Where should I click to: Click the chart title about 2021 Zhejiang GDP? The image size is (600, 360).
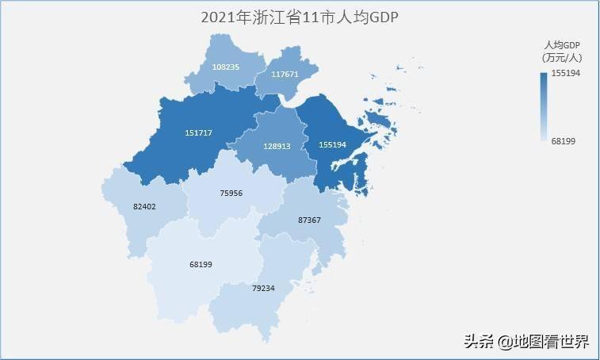click(x=299, y=17)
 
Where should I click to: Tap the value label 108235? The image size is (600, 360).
click(x=226, y=67)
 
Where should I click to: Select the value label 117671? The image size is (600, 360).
click(x=285, y=74)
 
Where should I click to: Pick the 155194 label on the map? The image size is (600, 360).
click(x=331, y=146)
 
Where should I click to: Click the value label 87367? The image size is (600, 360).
click(x=309, y=219)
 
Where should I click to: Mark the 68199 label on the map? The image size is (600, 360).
click(x=201, y=264)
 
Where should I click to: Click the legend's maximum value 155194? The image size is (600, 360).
click(x=568, y=73)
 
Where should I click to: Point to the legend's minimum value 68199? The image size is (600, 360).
click(x=563, y=140)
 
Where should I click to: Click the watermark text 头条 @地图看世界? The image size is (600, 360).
click(x=526, y=342)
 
